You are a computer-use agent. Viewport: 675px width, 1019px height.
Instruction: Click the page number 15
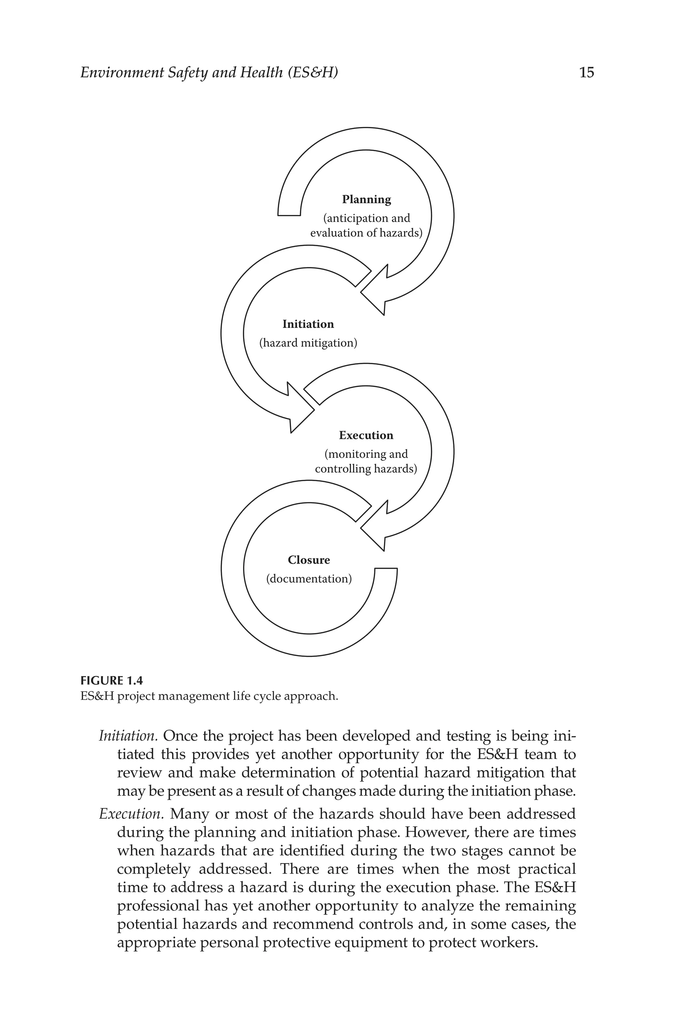[x=586, y=72]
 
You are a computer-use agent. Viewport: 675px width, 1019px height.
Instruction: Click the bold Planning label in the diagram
[x=367, y=199]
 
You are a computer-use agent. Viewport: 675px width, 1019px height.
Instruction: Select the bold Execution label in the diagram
[x=366, y=435]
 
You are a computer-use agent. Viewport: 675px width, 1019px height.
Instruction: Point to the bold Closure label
[x=308, y=560]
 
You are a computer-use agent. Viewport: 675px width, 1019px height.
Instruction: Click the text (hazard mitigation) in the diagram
[x=308, y=343]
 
